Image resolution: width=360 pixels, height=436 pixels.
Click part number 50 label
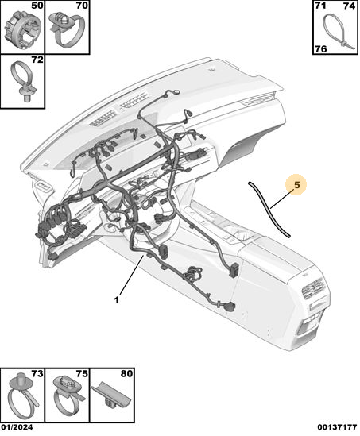click(x=37, y=6)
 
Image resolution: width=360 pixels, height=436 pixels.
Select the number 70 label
click(x=82, y=6)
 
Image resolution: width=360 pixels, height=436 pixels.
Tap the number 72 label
click(x=37, y=60)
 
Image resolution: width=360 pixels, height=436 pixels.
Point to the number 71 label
click(x=320, y=6)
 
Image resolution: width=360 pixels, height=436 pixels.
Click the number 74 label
click(x=349, y=6)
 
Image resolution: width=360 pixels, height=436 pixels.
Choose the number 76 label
click(x=321, y=49)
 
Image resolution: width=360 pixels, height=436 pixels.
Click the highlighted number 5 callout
click(x=297, y=184)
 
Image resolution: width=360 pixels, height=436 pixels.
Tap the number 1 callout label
click(x=117, y=300)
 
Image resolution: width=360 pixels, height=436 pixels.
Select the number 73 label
click(x=37, y=374)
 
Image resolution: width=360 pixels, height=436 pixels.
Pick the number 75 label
click(x=82, y=374)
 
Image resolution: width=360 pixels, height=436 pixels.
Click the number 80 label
click(x=126, y=374)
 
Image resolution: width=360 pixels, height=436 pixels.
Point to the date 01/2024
click(x=17, y=427)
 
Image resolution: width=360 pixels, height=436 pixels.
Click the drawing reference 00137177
click(x=338, y=427)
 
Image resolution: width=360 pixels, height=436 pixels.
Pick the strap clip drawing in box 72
click(x=24, y=81)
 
